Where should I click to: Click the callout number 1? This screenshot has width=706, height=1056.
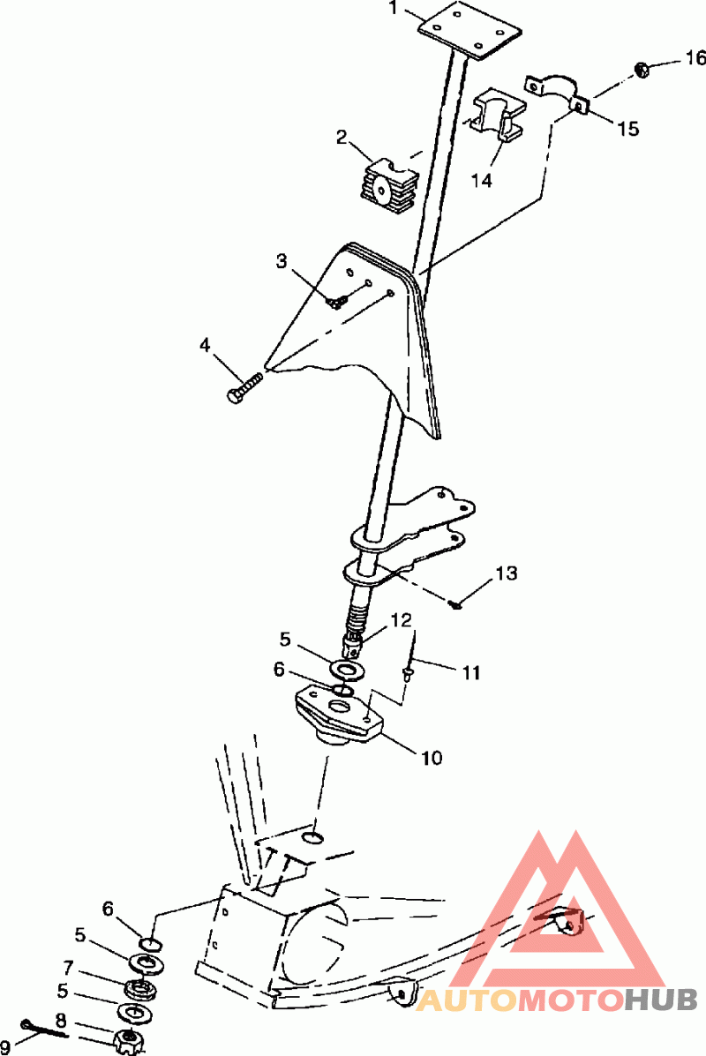(395, 11)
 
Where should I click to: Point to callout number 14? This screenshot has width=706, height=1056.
(481, 180)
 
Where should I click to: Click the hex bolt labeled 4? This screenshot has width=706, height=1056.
(244, 389)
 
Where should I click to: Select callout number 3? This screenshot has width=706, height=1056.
(282, 261)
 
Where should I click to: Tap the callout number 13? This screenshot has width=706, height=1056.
(506, 574)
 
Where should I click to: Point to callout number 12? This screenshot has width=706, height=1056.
(402, 619)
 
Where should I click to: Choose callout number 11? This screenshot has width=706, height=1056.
(470, 673)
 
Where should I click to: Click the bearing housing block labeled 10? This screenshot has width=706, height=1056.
(338, 713)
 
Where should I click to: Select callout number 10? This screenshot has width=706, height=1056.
(432, 757)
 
